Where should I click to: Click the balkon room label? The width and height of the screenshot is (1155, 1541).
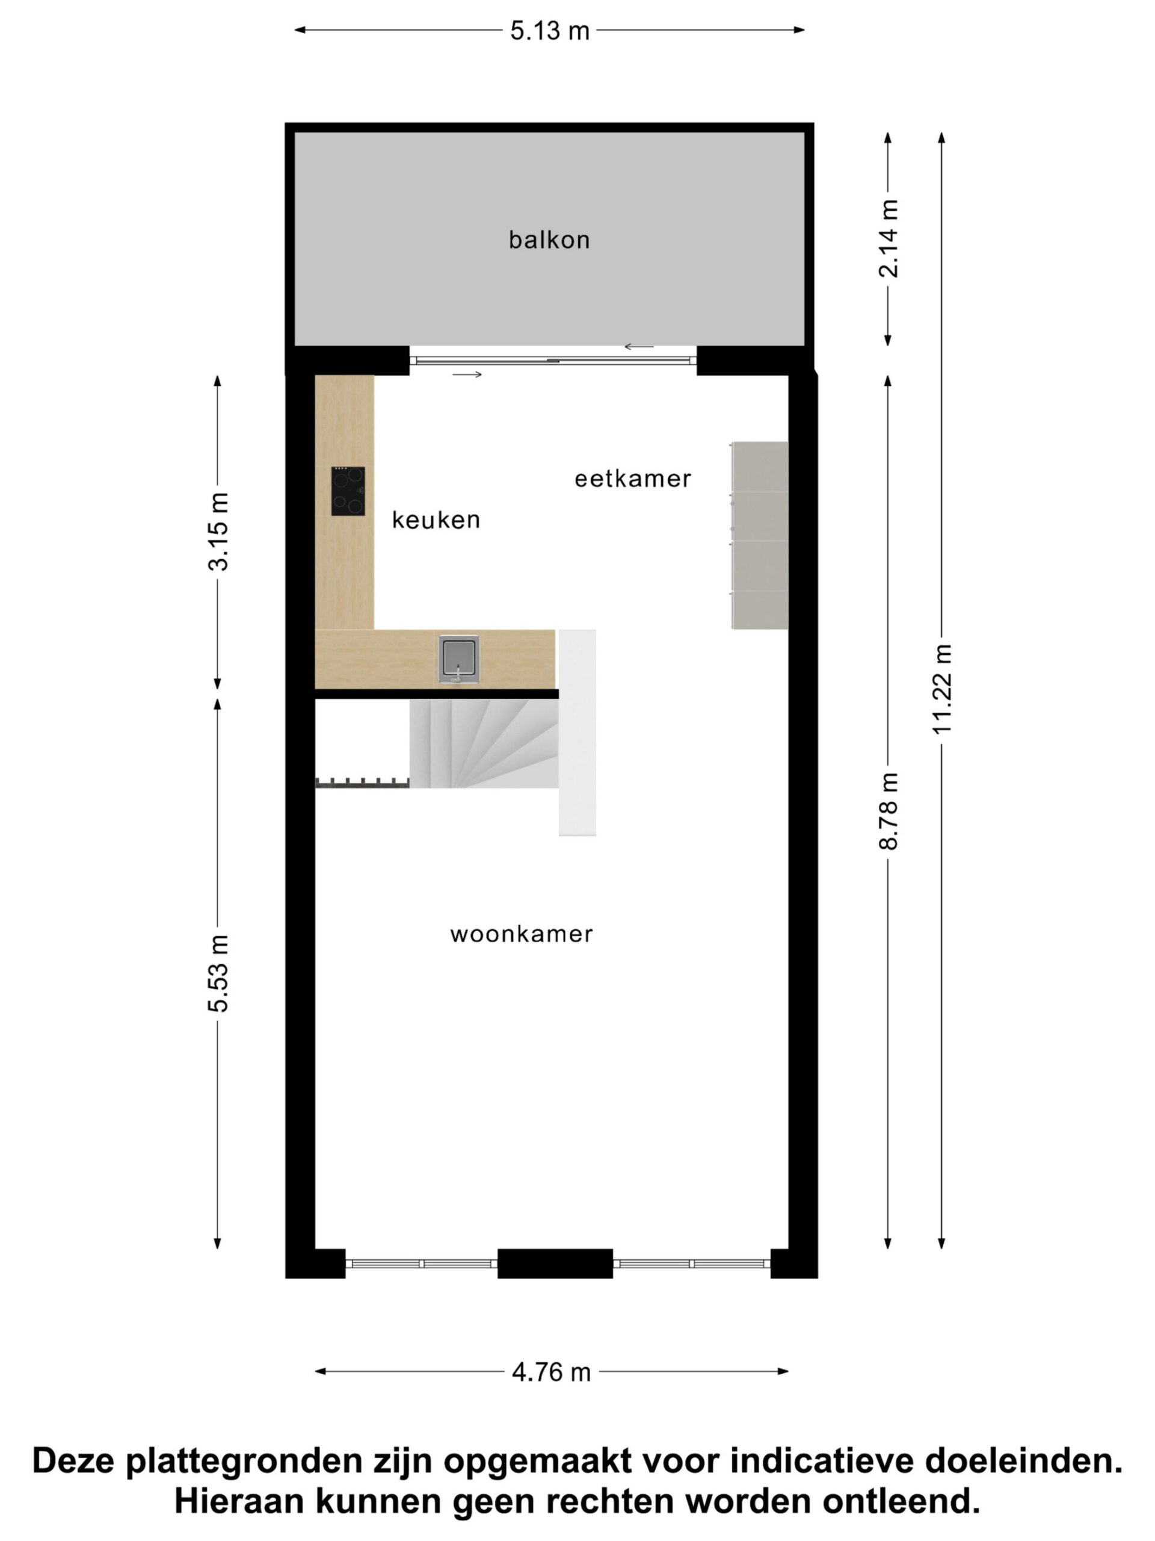(549, 240)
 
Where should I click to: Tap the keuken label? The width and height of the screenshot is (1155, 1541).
(436, 519)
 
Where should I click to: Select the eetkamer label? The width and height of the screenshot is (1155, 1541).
(632, 479)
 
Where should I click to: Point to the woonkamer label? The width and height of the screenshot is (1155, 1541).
(522, 934)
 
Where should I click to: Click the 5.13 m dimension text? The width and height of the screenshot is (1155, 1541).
(549, 31)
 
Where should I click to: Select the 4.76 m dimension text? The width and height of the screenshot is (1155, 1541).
(550, 1372)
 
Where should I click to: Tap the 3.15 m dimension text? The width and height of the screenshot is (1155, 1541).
(218, 532)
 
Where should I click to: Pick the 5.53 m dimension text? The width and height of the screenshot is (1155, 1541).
(218, 973)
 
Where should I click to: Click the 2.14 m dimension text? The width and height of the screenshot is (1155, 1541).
(889, 239)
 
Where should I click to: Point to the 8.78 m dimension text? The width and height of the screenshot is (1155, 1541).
(889, 811)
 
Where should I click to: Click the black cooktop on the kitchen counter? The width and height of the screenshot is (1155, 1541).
(348, 491)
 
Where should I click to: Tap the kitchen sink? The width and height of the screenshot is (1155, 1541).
(459, 659)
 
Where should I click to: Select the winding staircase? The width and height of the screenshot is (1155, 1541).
(484, 743)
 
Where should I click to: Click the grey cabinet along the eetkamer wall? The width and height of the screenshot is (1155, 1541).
(760, 535)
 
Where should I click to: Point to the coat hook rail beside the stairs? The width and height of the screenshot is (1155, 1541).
(362, 783)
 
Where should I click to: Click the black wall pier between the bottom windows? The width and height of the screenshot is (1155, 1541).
(555, 1263)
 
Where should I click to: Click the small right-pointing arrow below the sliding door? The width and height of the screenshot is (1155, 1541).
(467, 375)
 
